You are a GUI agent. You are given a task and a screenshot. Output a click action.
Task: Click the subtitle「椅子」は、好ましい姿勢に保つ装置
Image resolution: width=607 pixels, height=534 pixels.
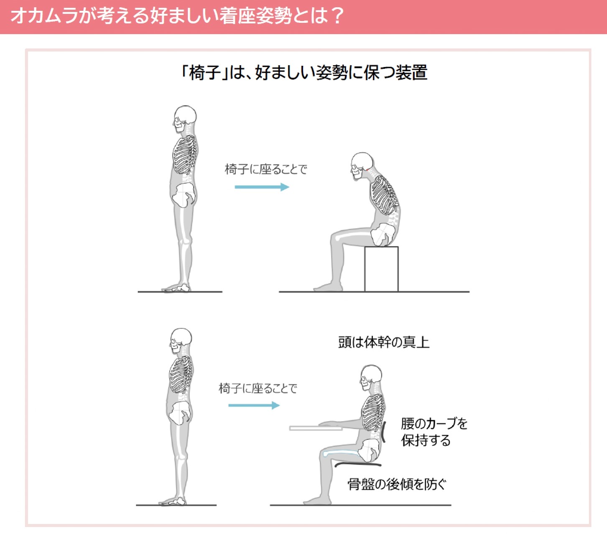coord(304,72)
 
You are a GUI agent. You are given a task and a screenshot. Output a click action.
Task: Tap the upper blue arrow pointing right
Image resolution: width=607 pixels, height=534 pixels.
coord(262,187)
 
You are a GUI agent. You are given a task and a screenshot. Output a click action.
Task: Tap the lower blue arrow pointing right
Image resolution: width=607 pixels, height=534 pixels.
coord(254,405)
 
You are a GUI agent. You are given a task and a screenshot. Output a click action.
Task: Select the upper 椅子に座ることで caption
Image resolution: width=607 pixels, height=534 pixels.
coord(266,169)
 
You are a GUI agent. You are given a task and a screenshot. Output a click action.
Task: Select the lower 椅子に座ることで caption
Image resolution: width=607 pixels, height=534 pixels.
coord(258,388)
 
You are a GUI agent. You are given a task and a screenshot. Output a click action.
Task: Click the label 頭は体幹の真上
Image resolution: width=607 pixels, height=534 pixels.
coord(384,342)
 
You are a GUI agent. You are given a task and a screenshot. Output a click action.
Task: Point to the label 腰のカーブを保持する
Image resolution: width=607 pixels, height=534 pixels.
coord(434,432)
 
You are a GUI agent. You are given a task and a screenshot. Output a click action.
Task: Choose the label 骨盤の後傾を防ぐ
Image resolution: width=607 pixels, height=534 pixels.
coord(397,484)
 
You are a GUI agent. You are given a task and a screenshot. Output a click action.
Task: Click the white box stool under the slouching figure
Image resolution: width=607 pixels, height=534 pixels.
coord(381,269)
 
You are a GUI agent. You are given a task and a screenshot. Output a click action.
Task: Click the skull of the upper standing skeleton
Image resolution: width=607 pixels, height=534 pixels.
coord(184,118)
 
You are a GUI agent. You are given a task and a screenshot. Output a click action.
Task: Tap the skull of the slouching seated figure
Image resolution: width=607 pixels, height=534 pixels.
coord(362,166)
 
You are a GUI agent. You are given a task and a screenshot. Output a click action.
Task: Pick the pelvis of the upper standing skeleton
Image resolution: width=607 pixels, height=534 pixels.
coord(184,195)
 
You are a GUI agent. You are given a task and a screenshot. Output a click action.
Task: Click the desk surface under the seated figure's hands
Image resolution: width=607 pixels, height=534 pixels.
coord(316,428)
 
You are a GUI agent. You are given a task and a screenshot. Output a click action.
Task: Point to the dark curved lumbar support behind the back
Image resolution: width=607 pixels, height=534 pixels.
coord(383,432)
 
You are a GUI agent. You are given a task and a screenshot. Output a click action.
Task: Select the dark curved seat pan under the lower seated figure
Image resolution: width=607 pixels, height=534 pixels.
coord(358,464)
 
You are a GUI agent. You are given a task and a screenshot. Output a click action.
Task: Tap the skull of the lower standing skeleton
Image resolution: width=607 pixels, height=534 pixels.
coord(181,341)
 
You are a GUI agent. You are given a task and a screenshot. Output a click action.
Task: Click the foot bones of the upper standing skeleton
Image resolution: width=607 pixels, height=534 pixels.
coord(176,288)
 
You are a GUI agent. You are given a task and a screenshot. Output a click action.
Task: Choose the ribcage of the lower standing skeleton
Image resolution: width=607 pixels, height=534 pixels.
coord(181,375)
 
